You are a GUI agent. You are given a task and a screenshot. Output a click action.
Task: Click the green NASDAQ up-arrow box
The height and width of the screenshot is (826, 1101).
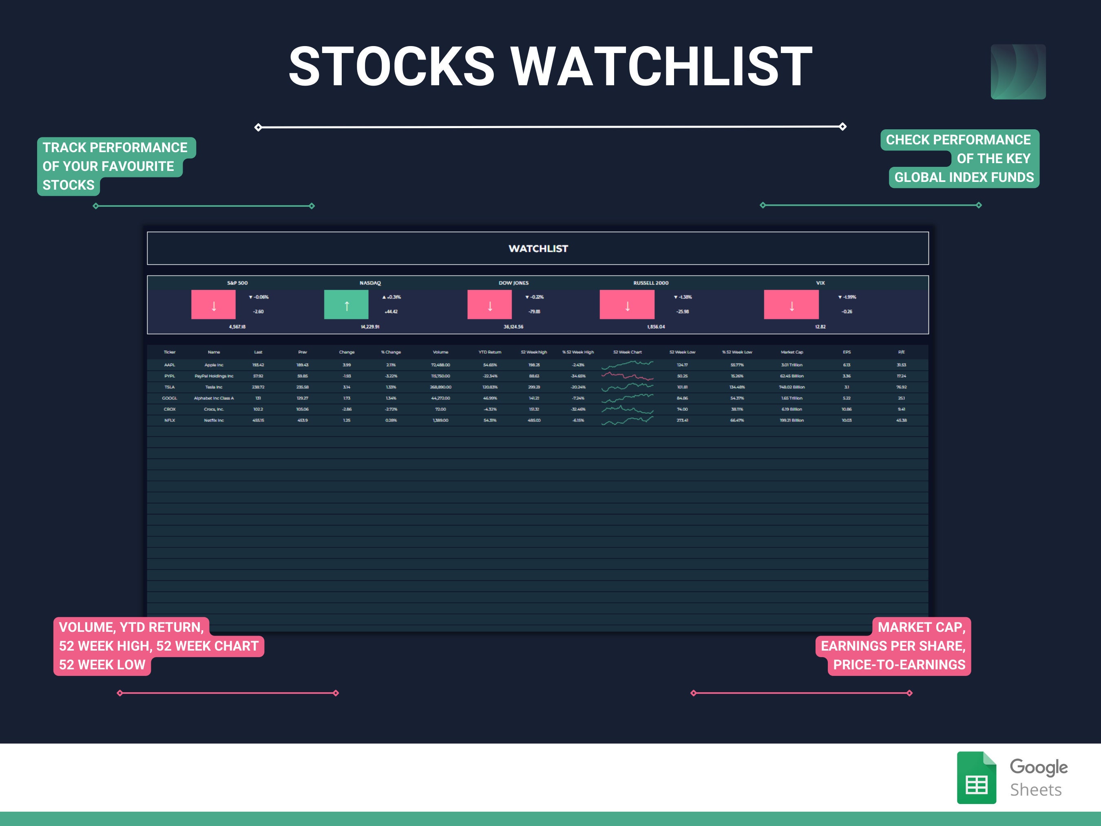(x=346, y=305)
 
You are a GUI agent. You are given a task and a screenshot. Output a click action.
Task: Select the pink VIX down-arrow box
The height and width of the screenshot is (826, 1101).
(x=791, y=305)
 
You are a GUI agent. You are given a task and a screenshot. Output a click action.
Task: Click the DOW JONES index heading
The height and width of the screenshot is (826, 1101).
(x=513, y=283)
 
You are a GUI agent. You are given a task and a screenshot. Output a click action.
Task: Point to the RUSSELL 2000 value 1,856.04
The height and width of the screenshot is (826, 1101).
(x=656, y=327)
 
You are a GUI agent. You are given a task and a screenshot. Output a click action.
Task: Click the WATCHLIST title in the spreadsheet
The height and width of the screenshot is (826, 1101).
(x=537, y=248)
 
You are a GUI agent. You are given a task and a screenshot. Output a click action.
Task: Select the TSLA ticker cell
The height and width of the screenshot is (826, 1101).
(x=169, y=387)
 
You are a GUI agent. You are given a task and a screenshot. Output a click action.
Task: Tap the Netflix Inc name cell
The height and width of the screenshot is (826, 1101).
(x=214, y=420)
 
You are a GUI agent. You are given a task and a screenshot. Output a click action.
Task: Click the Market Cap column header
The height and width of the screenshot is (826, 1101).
(x=791, y=352)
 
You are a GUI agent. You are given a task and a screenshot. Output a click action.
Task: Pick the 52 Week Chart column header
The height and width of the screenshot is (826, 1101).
(x=627, y=352)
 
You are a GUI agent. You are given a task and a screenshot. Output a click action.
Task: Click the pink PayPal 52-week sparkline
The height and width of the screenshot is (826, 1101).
(x=627, y=376)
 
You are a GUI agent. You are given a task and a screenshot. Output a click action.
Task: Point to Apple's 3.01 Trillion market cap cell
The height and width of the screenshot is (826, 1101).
(x=791, y=365)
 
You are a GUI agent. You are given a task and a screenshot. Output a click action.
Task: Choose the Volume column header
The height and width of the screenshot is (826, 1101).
(x=440, y=352)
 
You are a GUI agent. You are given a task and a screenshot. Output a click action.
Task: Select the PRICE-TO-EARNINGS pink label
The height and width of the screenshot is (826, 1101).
(x=899, y=665)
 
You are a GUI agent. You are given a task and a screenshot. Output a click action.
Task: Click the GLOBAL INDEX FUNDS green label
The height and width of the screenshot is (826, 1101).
(x=964, y=177)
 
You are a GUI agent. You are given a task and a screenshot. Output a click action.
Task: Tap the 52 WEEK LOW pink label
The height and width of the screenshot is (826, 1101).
(x=102, y=665)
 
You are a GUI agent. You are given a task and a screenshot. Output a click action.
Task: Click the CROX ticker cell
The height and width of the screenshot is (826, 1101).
(x=169, y=409)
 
